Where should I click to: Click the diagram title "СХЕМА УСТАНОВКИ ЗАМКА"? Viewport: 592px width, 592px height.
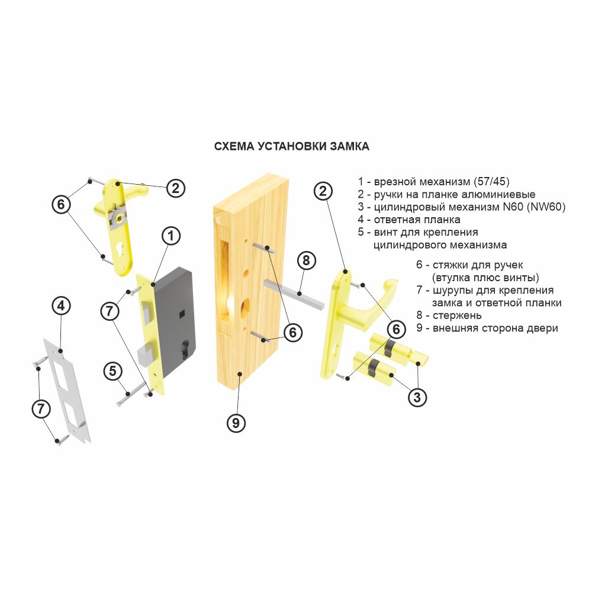click(291, 146)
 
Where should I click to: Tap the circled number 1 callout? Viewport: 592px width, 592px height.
click(171, 236)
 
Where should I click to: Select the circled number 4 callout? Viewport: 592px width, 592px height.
click(61, 306)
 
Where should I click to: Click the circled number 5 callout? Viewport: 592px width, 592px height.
click(113, 371)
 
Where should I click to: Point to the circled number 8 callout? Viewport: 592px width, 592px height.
click(306, 260)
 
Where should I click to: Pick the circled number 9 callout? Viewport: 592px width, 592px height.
click(236, 423)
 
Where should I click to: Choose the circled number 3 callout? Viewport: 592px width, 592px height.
click(417, 397)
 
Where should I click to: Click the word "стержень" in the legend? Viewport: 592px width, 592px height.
click(457, 316)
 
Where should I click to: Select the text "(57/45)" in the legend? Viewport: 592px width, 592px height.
click(490, 182)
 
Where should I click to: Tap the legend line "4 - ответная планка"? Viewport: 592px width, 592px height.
click(409, 220)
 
